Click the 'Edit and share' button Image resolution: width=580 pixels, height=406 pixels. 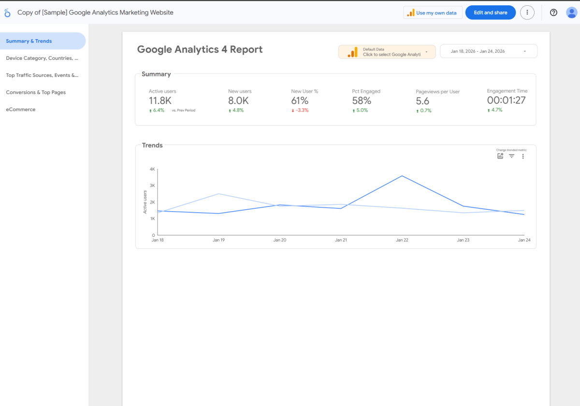pos(490,13)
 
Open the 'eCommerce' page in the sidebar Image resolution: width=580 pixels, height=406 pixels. pos(21,109)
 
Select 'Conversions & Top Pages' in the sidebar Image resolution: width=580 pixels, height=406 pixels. pos(36,92)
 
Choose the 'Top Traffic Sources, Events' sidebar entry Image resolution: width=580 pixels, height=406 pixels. pos(42,75)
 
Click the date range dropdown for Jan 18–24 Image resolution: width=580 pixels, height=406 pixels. pos(488,51)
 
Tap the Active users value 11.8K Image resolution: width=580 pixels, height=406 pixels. pos(160,101)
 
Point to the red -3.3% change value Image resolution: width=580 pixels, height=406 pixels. pos(300,110)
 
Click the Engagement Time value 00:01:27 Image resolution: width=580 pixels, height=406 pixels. pos(506,100)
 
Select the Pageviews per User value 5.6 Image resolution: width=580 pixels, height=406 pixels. pos(422,101)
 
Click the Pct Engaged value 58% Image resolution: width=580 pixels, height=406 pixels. pos(362,101)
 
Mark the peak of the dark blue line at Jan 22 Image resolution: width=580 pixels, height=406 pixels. pos(402,176)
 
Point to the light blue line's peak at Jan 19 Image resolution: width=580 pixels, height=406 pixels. pos(218,194)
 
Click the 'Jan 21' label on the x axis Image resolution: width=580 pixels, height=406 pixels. pos(341,240)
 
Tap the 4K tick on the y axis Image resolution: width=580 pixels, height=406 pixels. pos(152,169)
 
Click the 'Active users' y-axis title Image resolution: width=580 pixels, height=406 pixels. pos(145,202)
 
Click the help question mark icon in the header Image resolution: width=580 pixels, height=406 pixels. pos(553,13)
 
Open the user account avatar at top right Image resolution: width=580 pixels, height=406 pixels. pos(571,13)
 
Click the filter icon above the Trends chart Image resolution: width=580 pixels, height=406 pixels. pos(511,156)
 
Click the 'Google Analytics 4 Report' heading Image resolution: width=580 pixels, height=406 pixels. pos(200,49)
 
